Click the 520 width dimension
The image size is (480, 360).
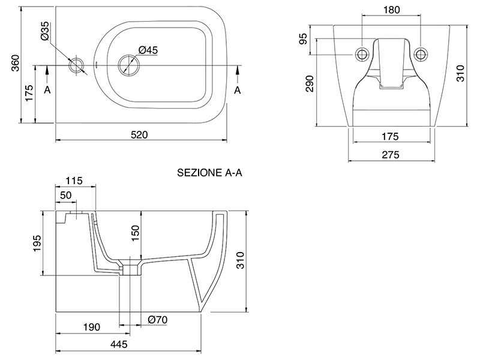[139, 135]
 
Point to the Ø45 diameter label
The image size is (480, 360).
[148, 51]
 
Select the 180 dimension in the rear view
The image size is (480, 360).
[391, 10]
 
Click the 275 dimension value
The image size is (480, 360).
[391, 154]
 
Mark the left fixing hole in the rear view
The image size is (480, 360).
[362, 53]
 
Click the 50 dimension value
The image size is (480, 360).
[65, 196]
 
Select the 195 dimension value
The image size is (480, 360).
[37, 243]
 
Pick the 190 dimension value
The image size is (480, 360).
[91, 327]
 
